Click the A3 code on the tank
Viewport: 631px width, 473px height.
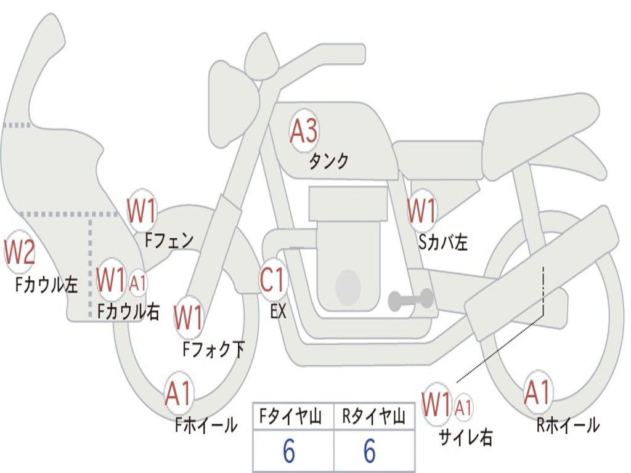click(x=304, y=131)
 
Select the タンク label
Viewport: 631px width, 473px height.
click(x=328, y=161)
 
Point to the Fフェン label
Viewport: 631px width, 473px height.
click(x=169, y=240)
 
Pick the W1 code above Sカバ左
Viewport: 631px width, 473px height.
click(x=422, y=211)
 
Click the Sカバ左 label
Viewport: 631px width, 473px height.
click(x=443, y=243)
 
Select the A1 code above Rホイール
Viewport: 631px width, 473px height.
click(x=537, y=392)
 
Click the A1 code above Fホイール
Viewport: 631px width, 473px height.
click(x=178, y=394)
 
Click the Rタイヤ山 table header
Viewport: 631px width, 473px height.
click(x=374, y=418)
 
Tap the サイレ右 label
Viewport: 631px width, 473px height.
click(x=465, y=438)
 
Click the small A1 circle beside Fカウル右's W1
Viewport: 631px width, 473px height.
click(x=138, y=283)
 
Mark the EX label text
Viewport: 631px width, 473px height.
click(x=279, y=312)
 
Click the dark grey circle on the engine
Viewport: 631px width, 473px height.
click(x=348, y=286)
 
